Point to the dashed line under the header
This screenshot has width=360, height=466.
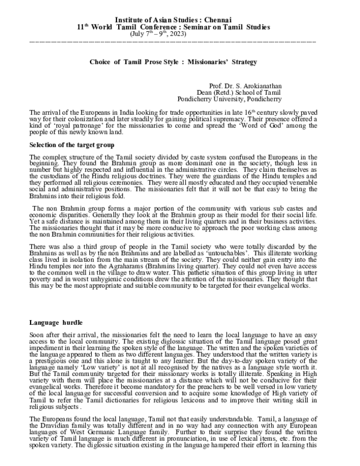pyautogui.click(x=173, y=41)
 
